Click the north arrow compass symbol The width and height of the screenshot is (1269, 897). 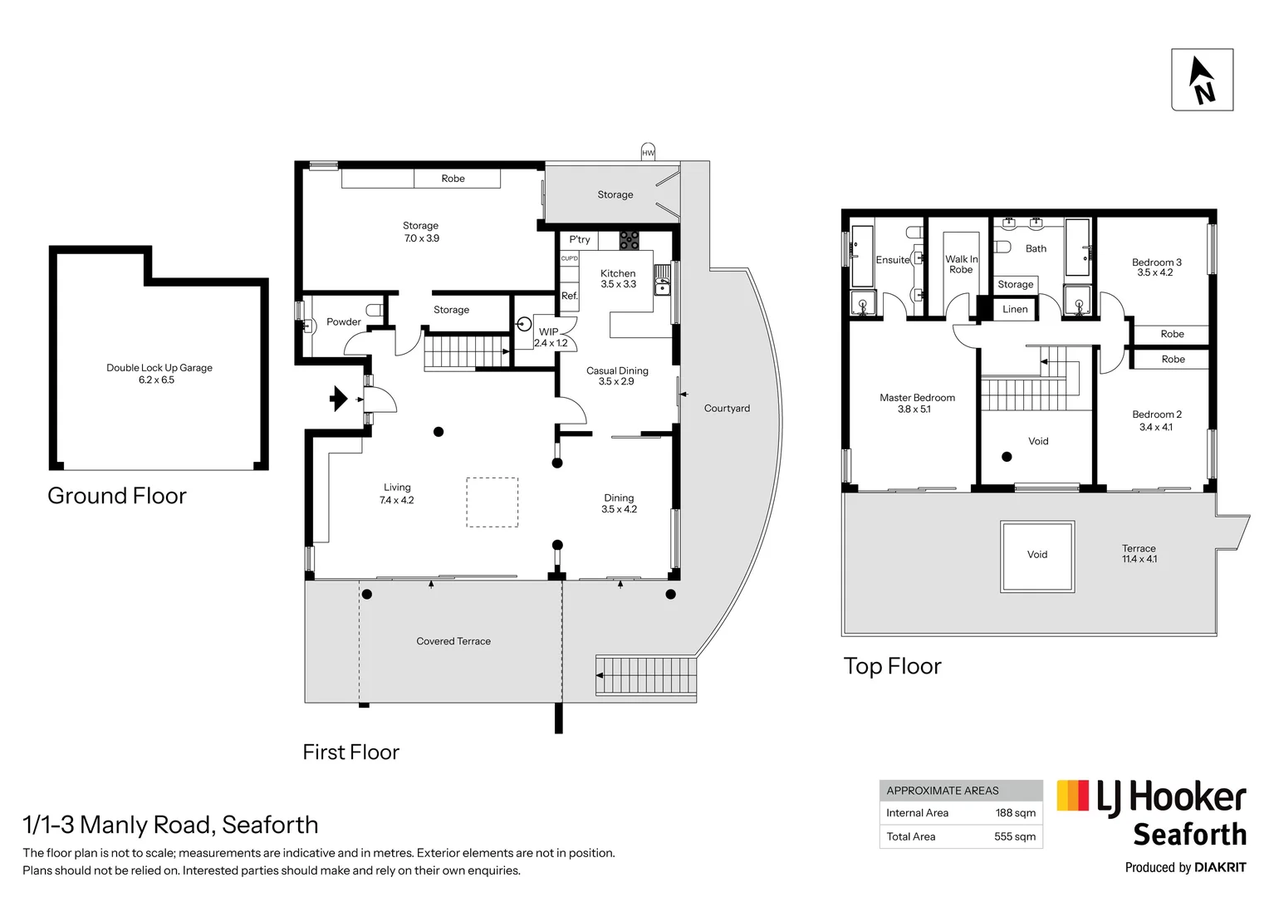[1203, 80]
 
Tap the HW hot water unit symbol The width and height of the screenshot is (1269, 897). [648, 152]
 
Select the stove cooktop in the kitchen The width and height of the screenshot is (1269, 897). [629, 240]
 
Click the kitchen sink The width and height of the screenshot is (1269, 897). [662, 280]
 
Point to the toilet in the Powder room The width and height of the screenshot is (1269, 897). [375, 310]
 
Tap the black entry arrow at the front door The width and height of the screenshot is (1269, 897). [338, 399]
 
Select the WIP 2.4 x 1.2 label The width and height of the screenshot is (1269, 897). [550, 337]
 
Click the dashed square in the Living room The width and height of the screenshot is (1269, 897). [492, 502]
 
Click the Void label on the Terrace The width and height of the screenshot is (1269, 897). [1036, 554]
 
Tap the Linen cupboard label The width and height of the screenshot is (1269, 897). [1015, 309]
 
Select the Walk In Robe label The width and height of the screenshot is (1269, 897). [961, 264]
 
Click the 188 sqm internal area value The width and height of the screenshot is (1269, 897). [1015, 812]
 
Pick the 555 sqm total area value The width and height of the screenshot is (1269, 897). [1015, 836]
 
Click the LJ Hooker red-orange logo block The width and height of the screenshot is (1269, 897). [1072, 795]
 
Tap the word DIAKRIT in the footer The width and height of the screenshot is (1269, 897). [1220, 868]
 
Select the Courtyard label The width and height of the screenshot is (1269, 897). [727, 408]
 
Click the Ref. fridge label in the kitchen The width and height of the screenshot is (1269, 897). [570, 296]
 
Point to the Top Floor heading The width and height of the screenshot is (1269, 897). [892, 666]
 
